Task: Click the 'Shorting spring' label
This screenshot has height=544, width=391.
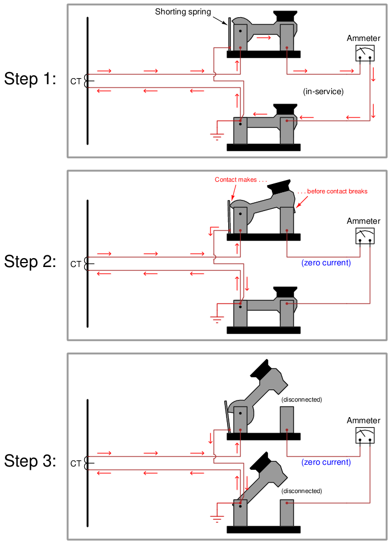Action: (183, 12)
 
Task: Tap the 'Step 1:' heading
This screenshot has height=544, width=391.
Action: (30, 79)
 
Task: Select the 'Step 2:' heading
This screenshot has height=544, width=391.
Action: (30, 261)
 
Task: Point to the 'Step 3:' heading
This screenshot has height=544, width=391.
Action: (30, 461)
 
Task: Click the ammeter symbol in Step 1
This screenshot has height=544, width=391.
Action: (365, 53)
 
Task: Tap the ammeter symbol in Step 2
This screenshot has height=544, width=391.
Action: (365, 236)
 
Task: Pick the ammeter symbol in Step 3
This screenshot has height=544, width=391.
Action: (365, 435)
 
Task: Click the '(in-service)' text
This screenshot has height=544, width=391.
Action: (323, 91)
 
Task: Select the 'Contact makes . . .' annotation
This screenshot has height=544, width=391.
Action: (241, 179)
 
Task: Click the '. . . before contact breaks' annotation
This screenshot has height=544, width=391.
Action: (332, 191)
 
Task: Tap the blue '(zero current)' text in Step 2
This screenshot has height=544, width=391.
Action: (326, 263)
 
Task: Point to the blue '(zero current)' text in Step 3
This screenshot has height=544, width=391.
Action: (326, 462)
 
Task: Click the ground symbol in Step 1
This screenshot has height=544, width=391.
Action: (217, 136)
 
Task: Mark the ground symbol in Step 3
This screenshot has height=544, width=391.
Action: (217, 519)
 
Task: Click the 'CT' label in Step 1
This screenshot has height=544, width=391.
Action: (76, 81)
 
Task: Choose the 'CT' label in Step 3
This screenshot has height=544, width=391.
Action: (76, 464)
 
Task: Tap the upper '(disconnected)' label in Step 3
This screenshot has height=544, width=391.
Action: (301, 399)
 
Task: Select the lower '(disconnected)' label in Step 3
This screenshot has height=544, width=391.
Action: (301, 491)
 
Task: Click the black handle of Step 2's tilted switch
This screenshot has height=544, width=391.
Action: (279, 187)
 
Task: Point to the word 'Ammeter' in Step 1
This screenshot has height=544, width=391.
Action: (363, 38)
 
